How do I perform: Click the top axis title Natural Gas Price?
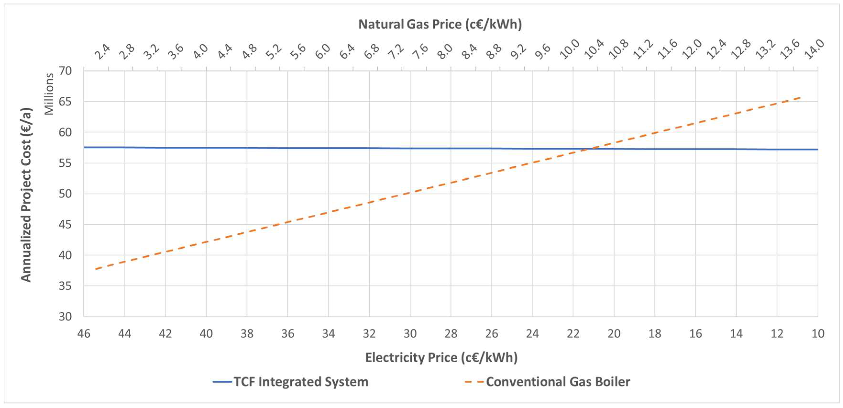(440, 24)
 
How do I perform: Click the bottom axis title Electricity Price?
(441, 358)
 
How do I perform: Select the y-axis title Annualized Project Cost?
(26, 195)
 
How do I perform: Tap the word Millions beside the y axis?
(49, 94)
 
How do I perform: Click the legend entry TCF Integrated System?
(301, 382)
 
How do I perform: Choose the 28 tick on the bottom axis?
(451, 334)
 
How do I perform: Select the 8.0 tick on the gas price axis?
(445, 52)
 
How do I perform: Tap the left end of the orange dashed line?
(96, 269)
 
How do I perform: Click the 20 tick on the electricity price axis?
(613, 334)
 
